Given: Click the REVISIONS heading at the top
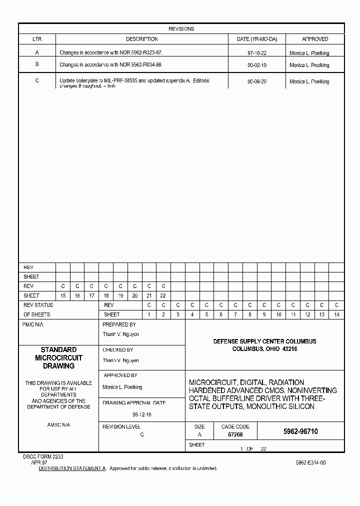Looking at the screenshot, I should [181, 29].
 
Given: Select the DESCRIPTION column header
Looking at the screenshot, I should [141, 39].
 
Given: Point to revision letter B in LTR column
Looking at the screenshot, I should [37, 64].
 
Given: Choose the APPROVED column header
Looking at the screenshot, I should [315, 39].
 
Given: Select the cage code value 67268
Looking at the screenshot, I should [235, 435].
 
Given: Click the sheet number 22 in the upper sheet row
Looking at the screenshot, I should [163, 295].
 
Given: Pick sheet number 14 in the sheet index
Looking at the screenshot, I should [336, 314].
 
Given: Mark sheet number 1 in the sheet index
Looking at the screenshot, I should [149, 314].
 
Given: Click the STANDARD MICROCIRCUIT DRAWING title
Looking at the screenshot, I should [58, 358].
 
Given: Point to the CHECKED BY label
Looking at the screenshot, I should [118, 350].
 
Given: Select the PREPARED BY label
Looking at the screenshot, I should [119, 324].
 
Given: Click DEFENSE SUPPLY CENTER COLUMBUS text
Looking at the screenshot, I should [264, 341].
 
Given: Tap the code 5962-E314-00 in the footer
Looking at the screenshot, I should [310, 463].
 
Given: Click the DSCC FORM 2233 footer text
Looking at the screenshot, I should [43, 457].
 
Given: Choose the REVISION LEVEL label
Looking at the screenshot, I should [121, 426].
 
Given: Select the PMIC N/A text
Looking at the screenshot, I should [33, 324].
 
